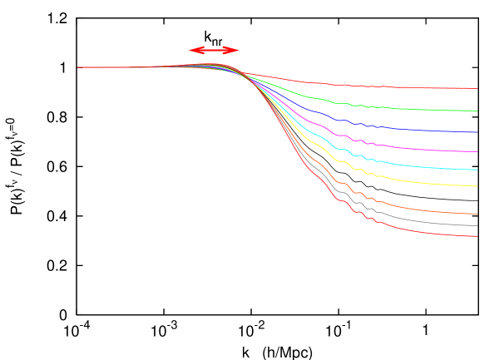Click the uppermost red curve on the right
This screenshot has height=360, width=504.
399,86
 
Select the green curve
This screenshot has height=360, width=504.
399,108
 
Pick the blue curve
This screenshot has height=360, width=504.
399,128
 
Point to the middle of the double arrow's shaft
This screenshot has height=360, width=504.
215,51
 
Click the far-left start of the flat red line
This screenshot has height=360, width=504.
78,67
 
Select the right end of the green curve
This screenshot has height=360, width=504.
477,111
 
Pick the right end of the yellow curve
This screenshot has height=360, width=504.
477,186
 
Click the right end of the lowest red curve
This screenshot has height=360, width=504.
477,236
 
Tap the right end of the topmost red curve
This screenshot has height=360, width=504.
477,88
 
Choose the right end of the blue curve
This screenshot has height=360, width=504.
477,132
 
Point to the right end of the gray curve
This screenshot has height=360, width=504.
477,225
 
